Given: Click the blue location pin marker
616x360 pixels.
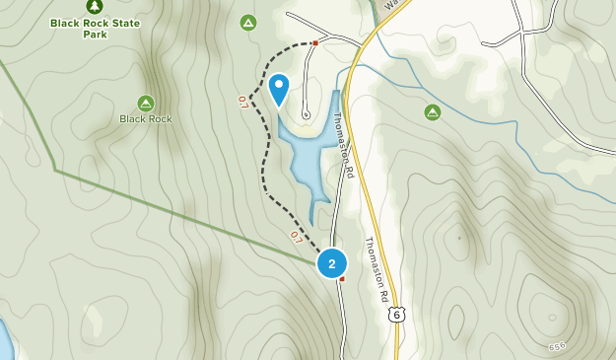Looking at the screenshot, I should (279, 90).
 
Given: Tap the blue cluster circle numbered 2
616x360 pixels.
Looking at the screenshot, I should (332, 263).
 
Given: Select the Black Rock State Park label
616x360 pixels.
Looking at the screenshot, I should (95, 28).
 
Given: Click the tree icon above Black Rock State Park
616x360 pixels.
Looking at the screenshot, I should (95, 6).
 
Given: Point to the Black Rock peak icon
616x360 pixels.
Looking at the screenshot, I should (146, 103).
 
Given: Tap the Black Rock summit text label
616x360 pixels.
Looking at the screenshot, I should (146, 119).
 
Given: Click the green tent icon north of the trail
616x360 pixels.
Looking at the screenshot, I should (248, 22).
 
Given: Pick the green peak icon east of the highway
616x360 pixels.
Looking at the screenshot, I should (432, 112).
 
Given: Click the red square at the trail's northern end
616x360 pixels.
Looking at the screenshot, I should (314, 43).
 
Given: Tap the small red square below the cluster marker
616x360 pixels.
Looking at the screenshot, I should (341, 279).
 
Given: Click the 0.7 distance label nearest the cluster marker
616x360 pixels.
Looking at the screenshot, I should (296, 237).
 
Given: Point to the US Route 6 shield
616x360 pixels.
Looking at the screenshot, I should (396, 314).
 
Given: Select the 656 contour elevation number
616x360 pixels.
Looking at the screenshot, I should (558, 346).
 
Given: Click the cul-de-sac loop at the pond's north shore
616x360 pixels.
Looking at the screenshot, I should (306, 114).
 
